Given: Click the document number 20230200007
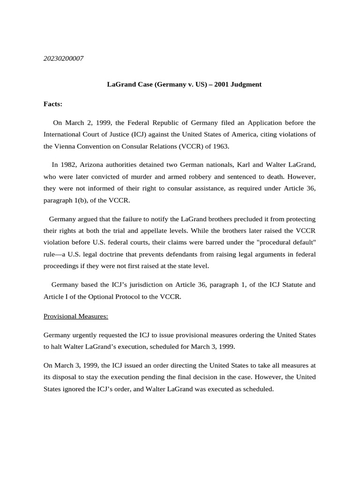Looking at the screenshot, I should (64, 59).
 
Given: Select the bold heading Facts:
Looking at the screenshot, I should (53, 104).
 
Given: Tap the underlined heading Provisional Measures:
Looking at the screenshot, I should (76, 316).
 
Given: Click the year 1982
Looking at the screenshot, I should (68, 165).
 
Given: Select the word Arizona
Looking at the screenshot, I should (94, 165).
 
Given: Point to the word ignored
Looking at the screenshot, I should (79, 390).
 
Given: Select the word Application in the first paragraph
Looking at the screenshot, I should (260, 123).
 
